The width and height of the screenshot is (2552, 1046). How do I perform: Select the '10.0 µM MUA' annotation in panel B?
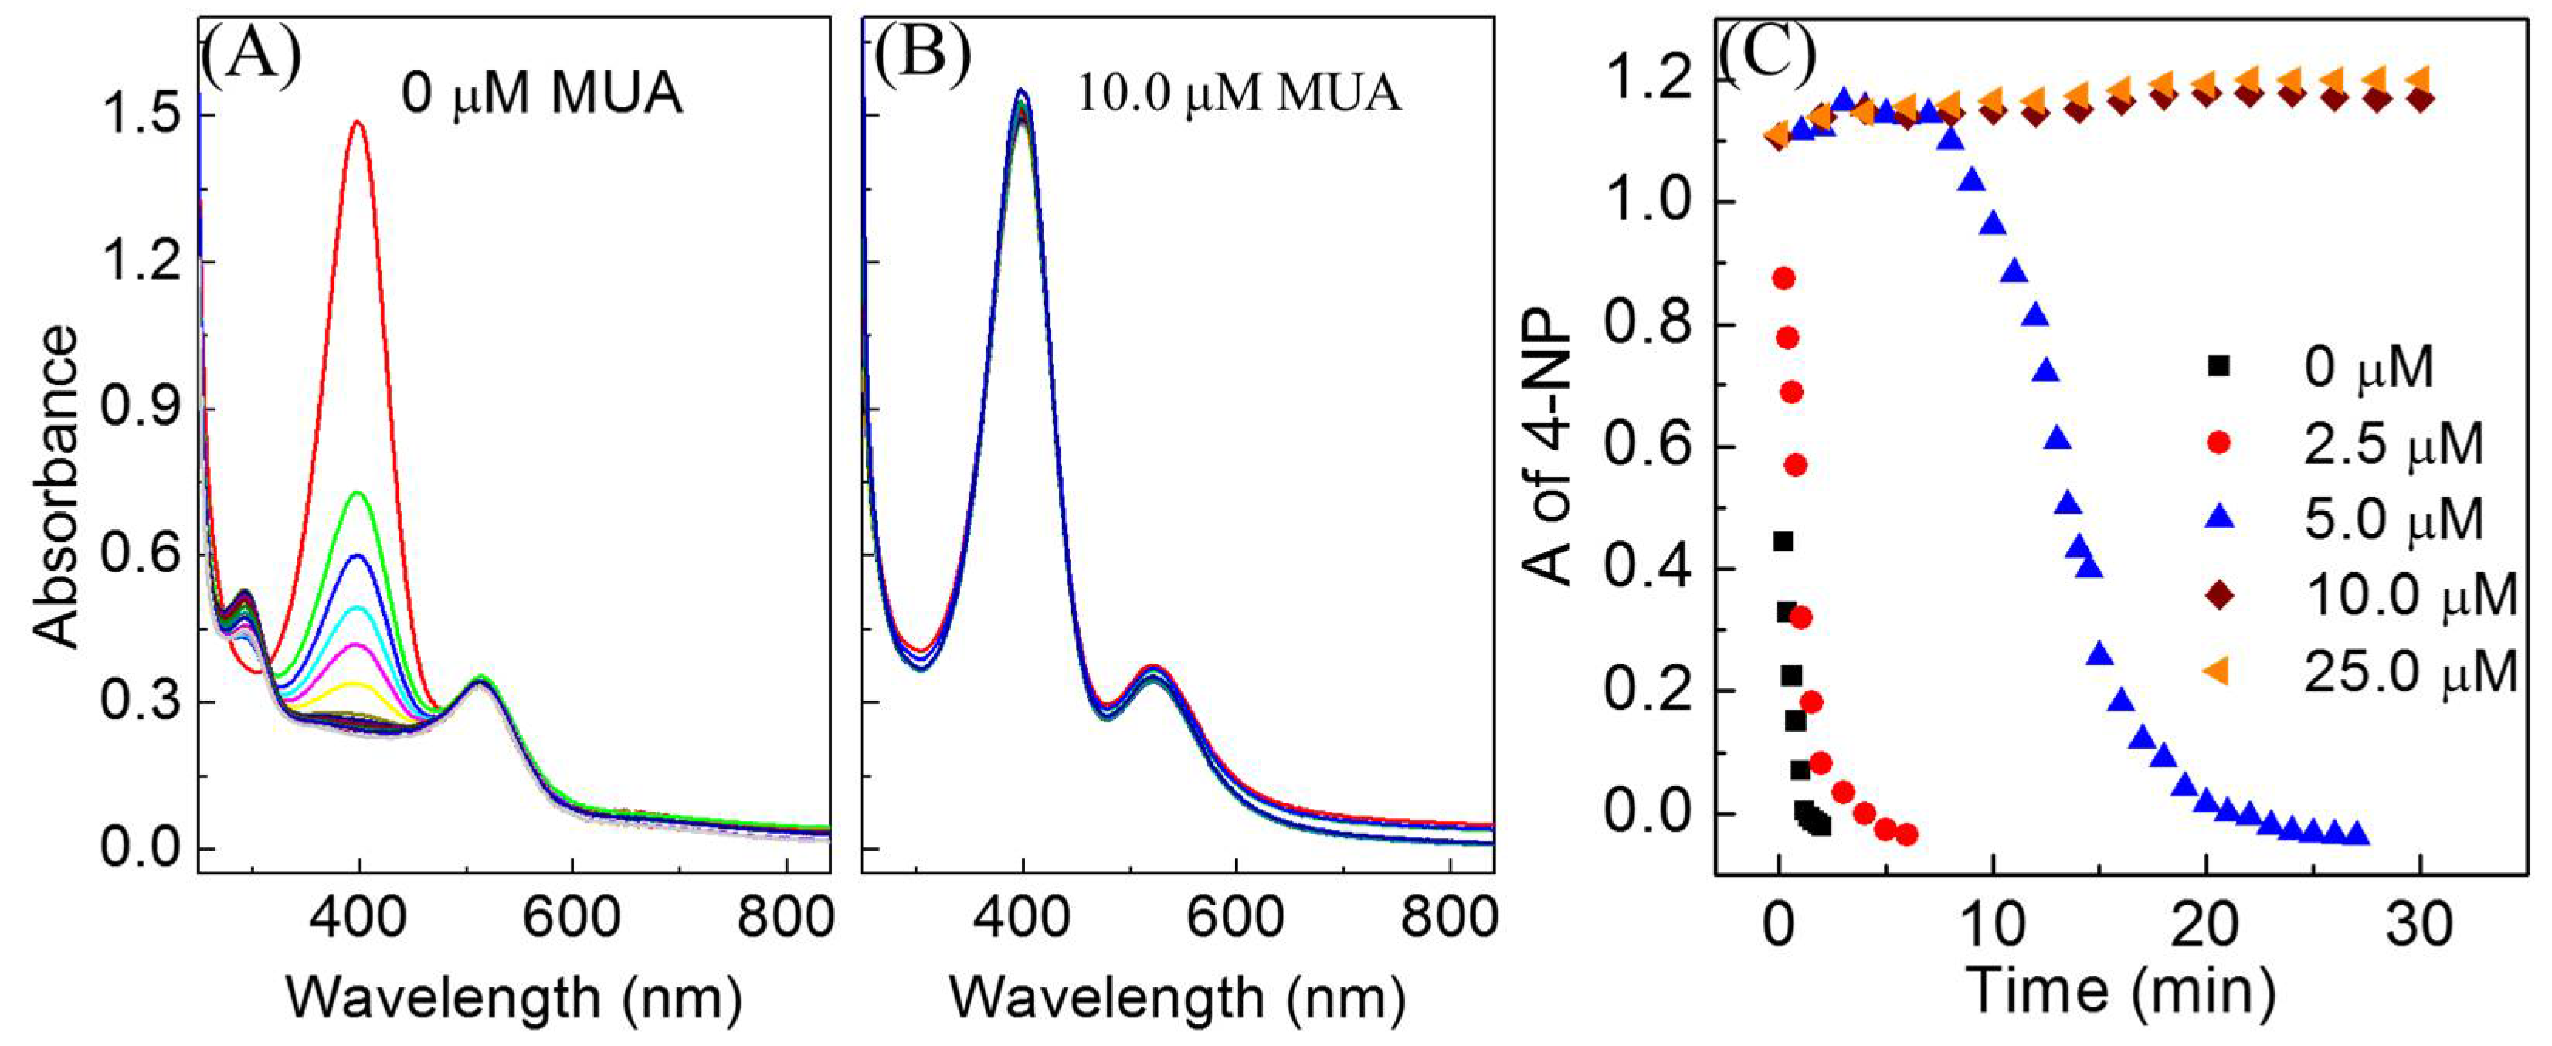[x=1238, y=95]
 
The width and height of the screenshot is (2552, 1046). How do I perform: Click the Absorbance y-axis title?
[x=56, y=487]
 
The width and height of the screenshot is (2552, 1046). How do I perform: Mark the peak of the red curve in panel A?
[x=358, y=123]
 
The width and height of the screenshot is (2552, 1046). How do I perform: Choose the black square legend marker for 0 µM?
[x=2219, y=366]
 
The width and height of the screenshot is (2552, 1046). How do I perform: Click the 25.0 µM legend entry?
[x=2408, y=674]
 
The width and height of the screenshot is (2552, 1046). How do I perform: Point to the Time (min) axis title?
[x=2120, y=991]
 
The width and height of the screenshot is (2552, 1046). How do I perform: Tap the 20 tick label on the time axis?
[x=2205, y=923]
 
